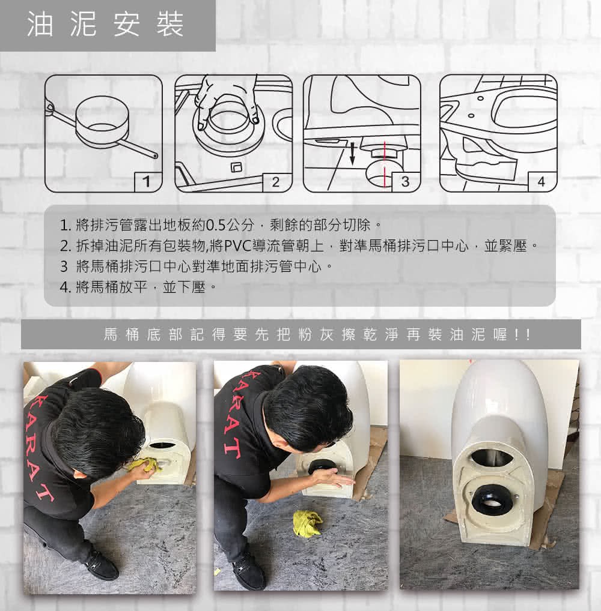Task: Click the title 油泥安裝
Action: [105, 24]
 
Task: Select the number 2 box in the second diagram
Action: [277, 182]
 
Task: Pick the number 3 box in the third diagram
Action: [406, 182]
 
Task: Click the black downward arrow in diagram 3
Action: [352, 153]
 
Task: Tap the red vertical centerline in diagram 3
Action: [385, 164]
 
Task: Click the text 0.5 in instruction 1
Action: [216, 225]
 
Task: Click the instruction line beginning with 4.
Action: [138, 287]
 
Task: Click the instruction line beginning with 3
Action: [197, 267]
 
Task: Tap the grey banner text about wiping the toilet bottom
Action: [317, 334]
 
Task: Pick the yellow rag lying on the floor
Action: [308, 523]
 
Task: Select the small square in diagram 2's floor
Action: [237, 167]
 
